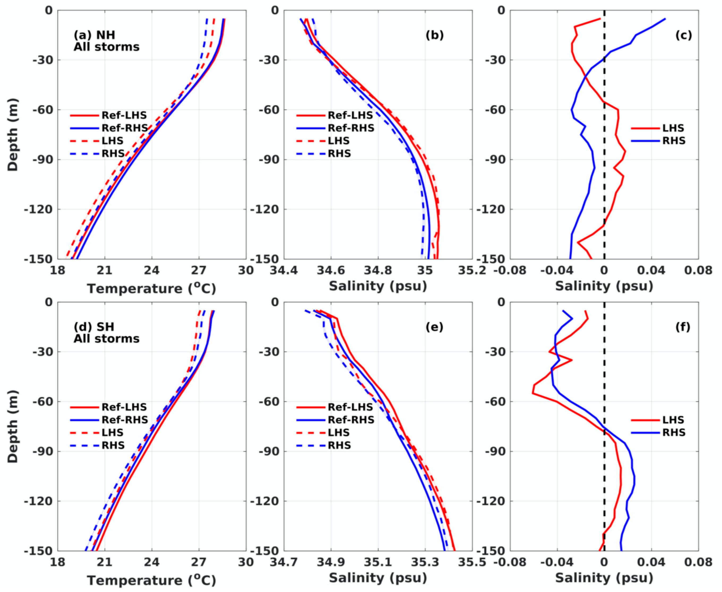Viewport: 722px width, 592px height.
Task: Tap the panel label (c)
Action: pyautogui.click(x=683, y=35)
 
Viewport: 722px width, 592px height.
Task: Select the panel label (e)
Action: pyautogui.click(x=434, y=327)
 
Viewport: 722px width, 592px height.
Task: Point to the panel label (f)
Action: pyautogui.click(x=682, y=327)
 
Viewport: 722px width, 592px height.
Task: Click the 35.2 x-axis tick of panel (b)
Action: pyautogui.click(x=472, y=271)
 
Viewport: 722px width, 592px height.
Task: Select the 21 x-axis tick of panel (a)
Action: pyautogui.click(x=104, y=271)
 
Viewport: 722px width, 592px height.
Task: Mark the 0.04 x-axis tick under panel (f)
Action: pyautogui.click(x=651, y=562)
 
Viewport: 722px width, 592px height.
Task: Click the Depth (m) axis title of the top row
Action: pyautogui.click(x=13, y=135)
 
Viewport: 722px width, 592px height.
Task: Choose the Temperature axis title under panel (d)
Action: pyautogui.click(x=151, y=580)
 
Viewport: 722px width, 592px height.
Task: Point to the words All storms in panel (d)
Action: pyautogui.click(x=106, y=339)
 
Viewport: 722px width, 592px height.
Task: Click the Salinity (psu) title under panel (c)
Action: pyautogui.click(x=604, y=286)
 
